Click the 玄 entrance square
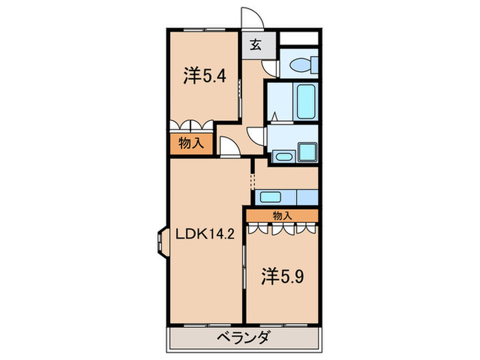254,45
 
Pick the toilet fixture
302,65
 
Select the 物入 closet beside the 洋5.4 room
191,144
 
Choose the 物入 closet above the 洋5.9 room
282,215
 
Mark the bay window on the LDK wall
162,241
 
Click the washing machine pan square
304,153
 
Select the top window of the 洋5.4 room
204,30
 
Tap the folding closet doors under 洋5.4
191,126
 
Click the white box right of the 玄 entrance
299,38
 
